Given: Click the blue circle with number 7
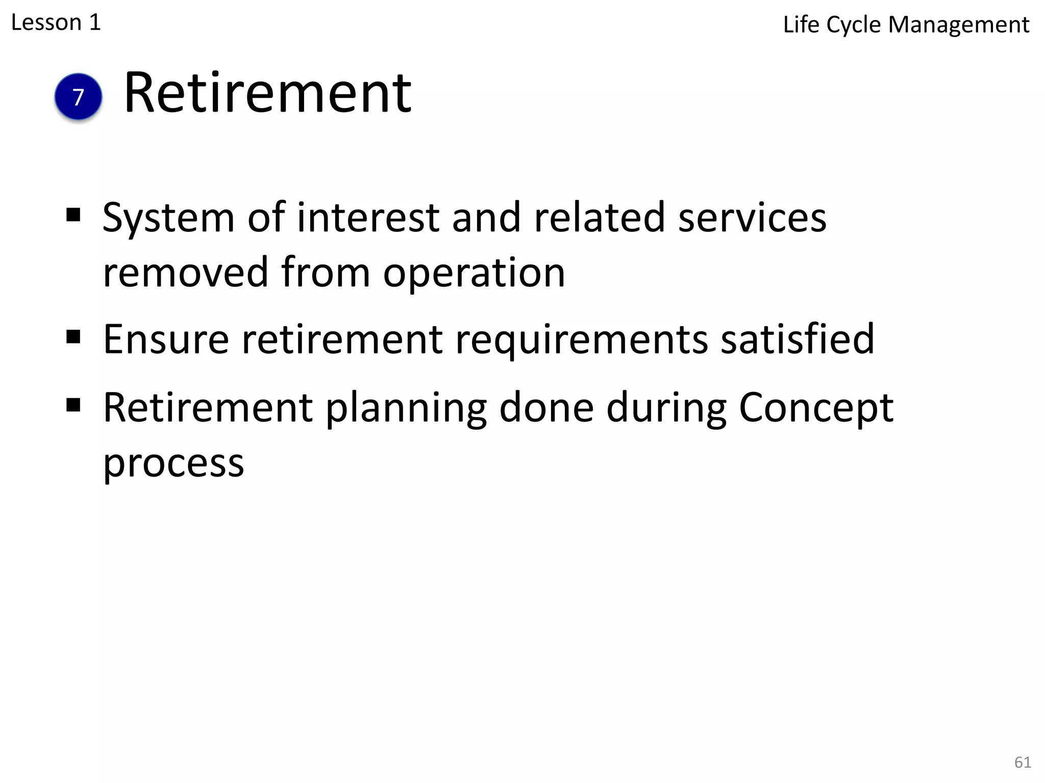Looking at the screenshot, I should click(78, 97).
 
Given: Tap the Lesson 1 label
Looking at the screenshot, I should click(56, 23).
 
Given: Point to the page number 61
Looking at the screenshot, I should click(1023, 762).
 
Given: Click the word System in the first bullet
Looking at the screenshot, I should click(168, 218).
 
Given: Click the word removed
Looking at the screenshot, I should click(185, 272).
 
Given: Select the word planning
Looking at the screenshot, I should click(406, 409).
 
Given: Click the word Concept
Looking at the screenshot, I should click(816, 409).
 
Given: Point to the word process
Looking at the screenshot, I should click(173, 464).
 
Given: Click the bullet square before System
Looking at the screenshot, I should click(73, 215).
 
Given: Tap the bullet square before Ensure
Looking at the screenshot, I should click(73, 336).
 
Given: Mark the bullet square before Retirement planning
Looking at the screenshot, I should click(73, 405).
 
